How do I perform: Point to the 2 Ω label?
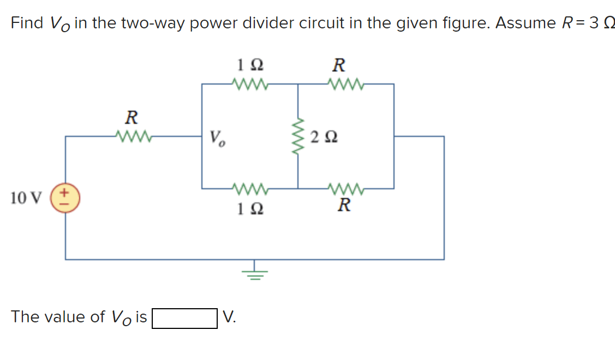click(x=324, y=137)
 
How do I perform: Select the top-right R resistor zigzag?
click(x=345, y=84)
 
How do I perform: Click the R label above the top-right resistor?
click(x=339, y=65)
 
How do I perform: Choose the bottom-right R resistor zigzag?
click(x=345, y=189)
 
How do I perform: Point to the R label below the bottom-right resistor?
click(x=343, y=206)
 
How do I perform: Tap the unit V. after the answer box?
click(x=230, y=317)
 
